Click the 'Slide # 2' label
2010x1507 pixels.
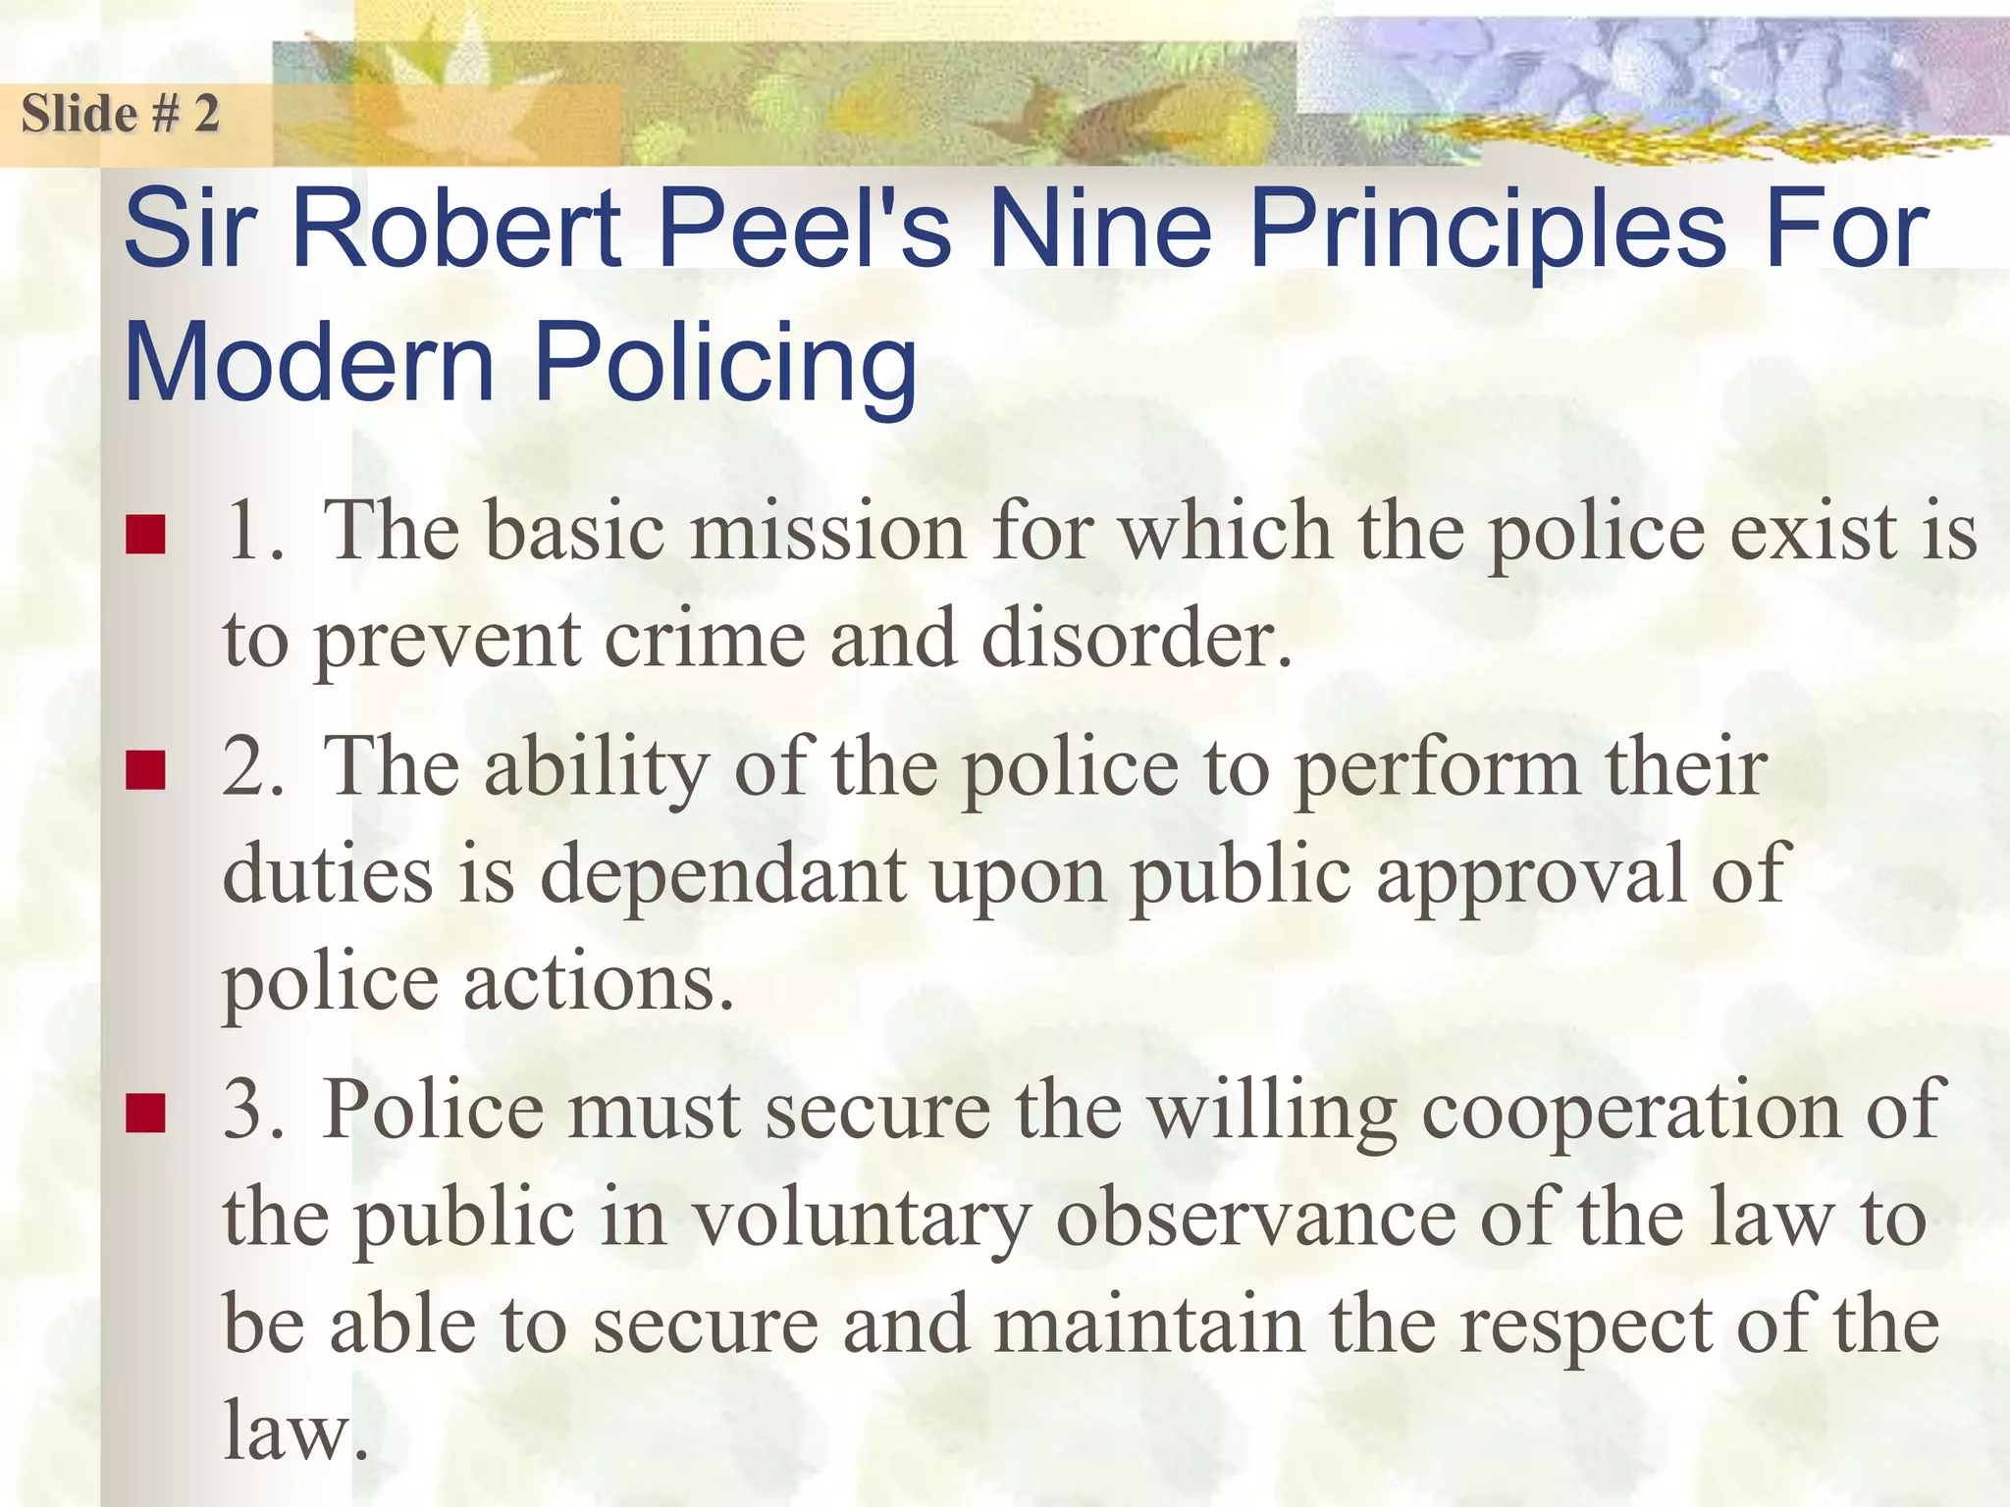click(x=120, y=114)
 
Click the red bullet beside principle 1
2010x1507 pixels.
click(x=144, y=536)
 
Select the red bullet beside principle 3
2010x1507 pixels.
click(x=144, y=1114)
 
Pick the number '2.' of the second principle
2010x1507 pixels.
click(x=253, y=767)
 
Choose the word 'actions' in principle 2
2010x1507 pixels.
click(x=598, y=983)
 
